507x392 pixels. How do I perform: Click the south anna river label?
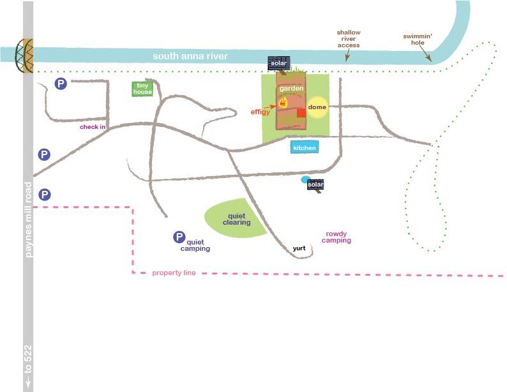(190, 57)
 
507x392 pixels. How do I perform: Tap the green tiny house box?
(142, 89)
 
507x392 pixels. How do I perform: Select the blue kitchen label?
(305, 148)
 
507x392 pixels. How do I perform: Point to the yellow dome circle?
(317, 107)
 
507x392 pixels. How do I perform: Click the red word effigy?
(261, 112)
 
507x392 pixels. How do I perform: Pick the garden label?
(291, 89)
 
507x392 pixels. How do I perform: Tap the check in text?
(93, 127)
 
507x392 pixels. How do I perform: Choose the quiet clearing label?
(236, 220)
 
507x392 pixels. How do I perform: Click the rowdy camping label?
(337, 237)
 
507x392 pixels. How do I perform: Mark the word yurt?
(299, 248)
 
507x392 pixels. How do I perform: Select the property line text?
(174, 273)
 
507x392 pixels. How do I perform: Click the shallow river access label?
(349, 39)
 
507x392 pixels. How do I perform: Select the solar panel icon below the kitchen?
(315, 185)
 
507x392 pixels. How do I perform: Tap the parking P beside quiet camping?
(179, 237)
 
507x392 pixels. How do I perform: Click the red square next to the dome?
(301, 113)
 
